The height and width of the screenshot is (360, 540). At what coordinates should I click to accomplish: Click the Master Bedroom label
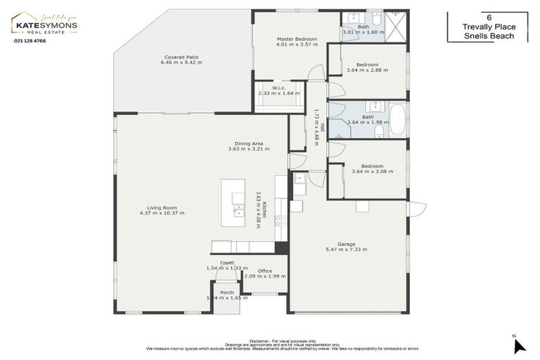296,39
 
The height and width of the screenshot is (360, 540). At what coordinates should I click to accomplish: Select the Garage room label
346,244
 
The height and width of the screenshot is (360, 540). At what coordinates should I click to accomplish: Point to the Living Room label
161,207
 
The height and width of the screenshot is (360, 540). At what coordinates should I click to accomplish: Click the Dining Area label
248,143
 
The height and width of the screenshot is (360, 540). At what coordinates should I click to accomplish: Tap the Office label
264,271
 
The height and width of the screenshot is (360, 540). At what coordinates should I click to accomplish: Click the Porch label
226,292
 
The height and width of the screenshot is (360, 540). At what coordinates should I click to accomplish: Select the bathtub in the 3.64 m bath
397,120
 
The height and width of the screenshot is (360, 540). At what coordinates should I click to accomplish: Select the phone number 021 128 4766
30,41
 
